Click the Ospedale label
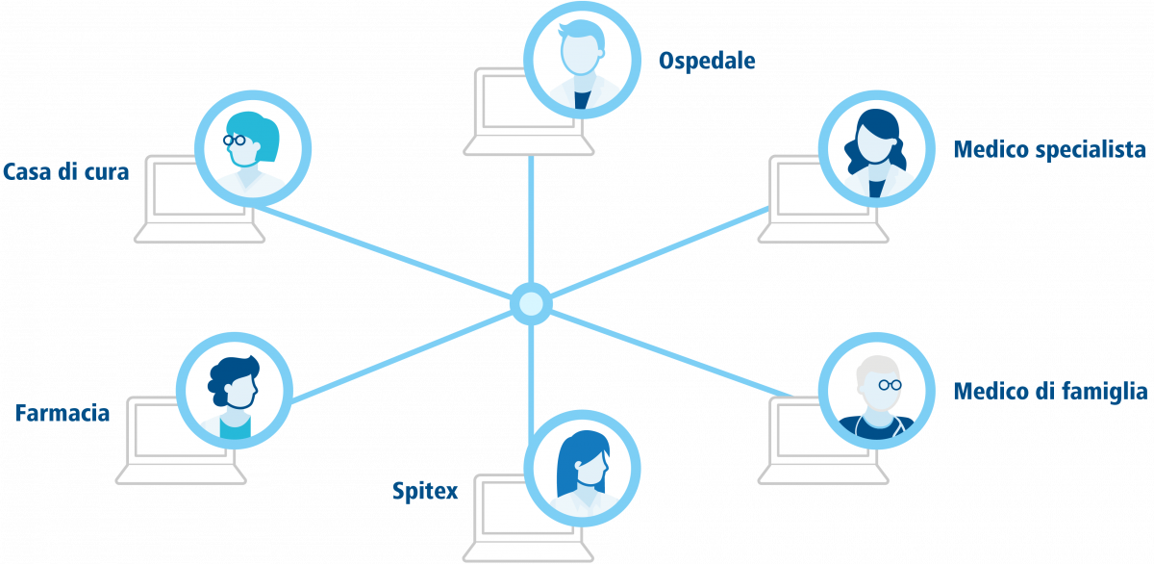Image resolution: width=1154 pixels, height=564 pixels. click(707, 61)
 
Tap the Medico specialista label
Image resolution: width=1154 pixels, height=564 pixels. click(1049, 149)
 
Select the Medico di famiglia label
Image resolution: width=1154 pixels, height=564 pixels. click(1050, 392)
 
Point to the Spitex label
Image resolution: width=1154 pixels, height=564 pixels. click(425, 491)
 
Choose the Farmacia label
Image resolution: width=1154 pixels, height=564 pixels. click(63, 413)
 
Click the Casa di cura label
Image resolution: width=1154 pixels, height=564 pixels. click(66, 171)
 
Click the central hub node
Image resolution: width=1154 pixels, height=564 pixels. click(531, 304)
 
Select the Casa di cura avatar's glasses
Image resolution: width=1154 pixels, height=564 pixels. click(235, 140)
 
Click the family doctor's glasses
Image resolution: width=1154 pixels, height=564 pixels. click(890, 385)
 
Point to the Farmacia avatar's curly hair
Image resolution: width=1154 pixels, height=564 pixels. click(233, 379)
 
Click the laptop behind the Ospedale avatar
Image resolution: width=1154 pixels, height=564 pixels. click(529, 112)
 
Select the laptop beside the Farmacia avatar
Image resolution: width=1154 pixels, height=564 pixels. click(181, 440)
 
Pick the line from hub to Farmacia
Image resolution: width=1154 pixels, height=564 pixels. click(401, 356)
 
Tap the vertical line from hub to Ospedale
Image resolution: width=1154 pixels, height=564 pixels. click(531, 219)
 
